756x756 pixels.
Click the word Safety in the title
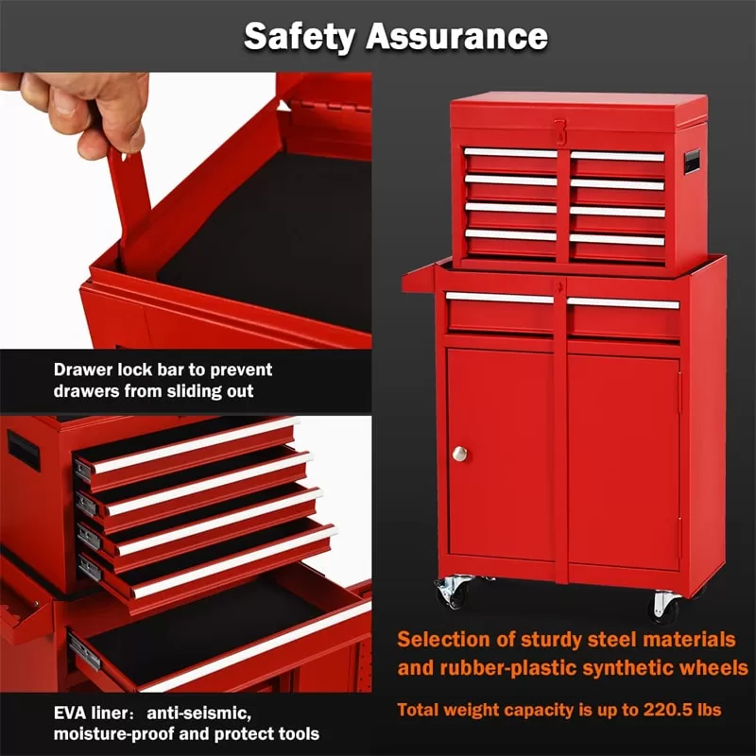pos(300,37)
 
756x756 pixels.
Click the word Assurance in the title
pos(457,36)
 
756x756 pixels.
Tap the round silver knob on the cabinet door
pos(459,454)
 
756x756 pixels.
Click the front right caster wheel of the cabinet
pos(665,608)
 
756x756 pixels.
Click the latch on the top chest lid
pos(559,131)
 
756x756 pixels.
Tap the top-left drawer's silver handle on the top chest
pos(510,153)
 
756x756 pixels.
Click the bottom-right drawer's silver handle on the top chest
pos(617,239)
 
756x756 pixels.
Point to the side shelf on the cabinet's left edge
pos(419,279)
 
